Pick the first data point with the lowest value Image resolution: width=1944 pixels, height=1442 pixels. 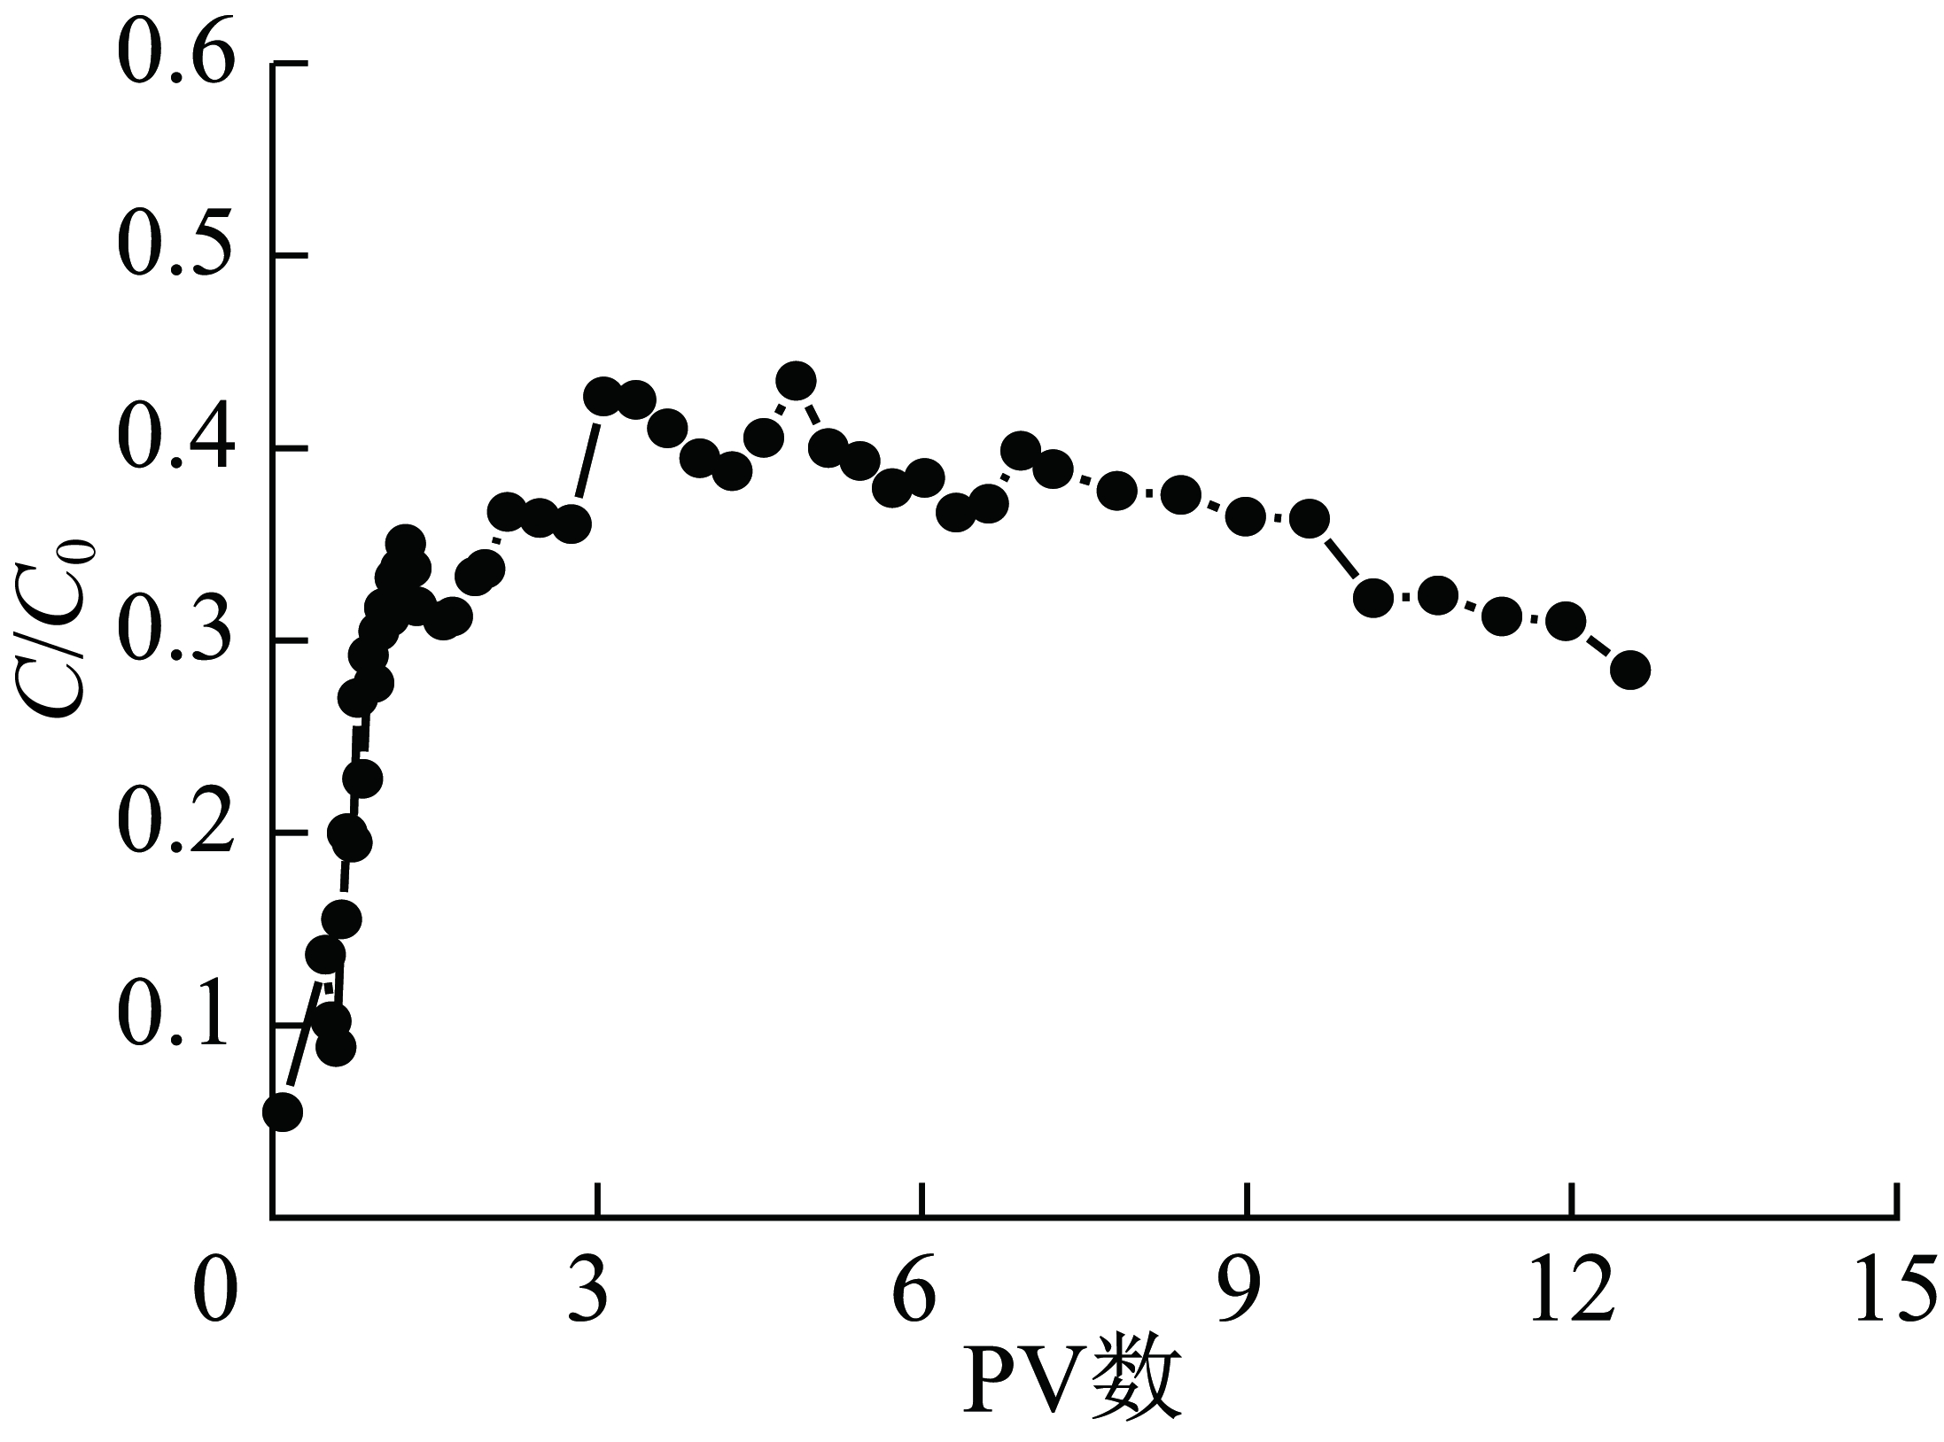tap(283, 1112)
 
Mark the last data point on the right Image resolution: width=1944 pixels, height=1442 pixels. tap(1629, 670)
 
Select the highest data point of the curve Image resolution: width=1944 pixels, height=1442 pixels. tap(796, 381)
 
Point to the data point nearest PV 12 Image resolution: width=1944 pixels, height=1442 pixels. tap(1566, 622)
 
